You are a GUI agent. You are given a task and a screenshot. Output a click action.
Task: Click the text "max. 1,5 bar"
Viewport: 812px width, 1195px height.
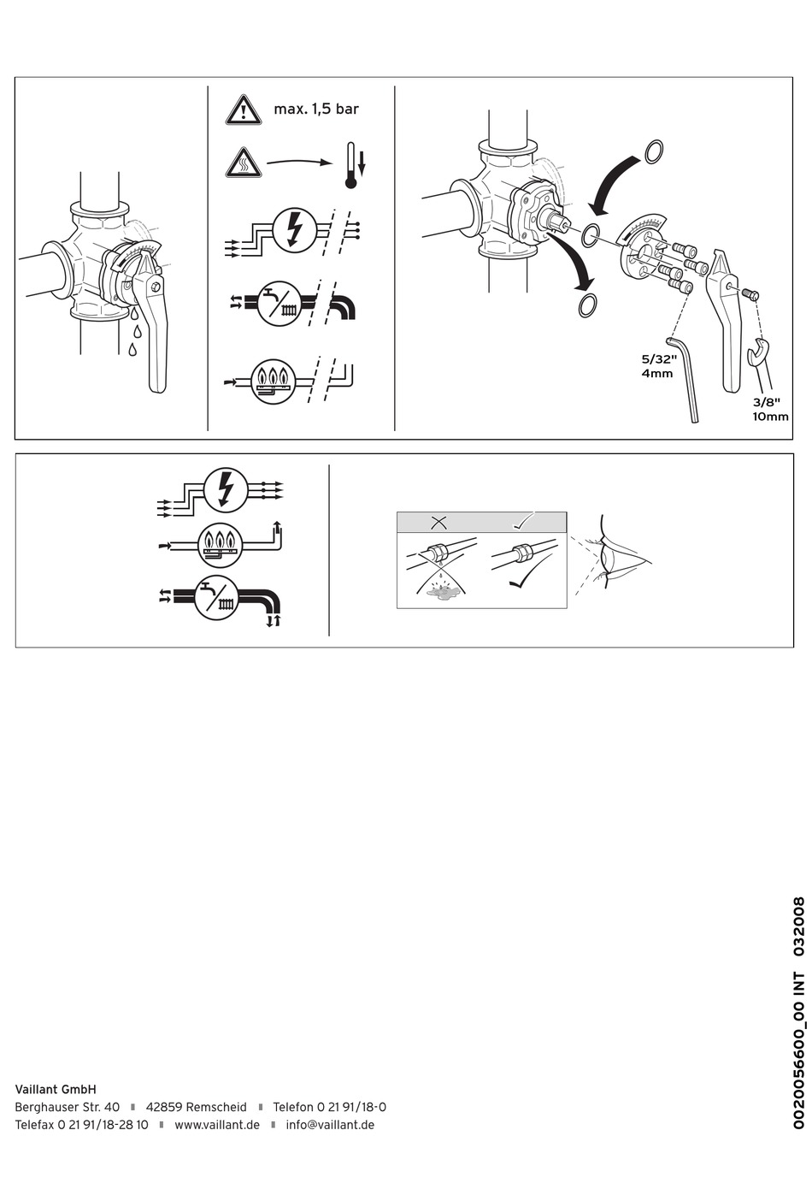point(316,109)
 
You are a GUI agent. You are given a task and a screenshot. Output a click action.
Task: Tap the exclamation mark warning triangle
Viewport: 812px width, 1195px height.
point(243,109)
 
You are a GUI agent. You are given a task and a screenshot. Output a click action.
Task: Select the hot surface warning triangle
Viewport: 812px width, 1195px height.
point(243,163)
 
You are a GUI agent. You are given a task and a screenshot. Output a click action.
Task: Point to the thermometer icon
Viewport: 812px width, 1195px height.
point(350,165)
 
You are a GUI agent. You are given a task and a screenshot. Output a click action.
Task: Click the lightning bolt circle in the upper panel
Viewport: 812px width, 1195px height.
point(295,230)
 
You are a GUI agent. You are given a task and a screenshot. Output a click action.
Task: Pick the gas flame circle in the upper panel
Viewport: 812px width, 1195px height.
point(274,382)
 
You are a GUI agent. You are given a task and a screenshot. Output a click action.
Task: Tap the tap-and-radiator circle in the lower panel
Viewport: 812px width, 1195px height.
point(216,599)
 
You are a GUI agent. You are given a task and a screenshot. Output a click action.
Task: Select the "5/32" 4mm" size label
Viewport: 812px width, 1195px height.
point(659,366)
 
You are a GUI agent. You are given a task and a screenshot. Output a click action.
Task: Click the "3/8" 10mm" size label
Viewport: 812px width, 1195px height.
point(770,410)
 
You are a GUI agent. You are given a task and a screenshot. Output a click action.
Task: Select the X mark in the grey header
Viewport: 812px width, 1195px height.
point(438,523)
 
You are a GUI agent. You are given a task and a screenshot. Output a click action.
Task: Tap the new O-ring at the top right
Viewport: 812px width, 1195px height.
point(654,151)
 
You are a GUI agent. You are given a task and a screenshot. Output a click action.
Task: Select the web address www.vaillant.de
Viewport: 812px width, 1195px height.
point(217,1125)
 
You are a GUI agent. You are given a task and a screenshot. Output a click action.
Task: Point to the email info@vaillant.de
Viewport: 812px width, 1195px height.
point(330,1125)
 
